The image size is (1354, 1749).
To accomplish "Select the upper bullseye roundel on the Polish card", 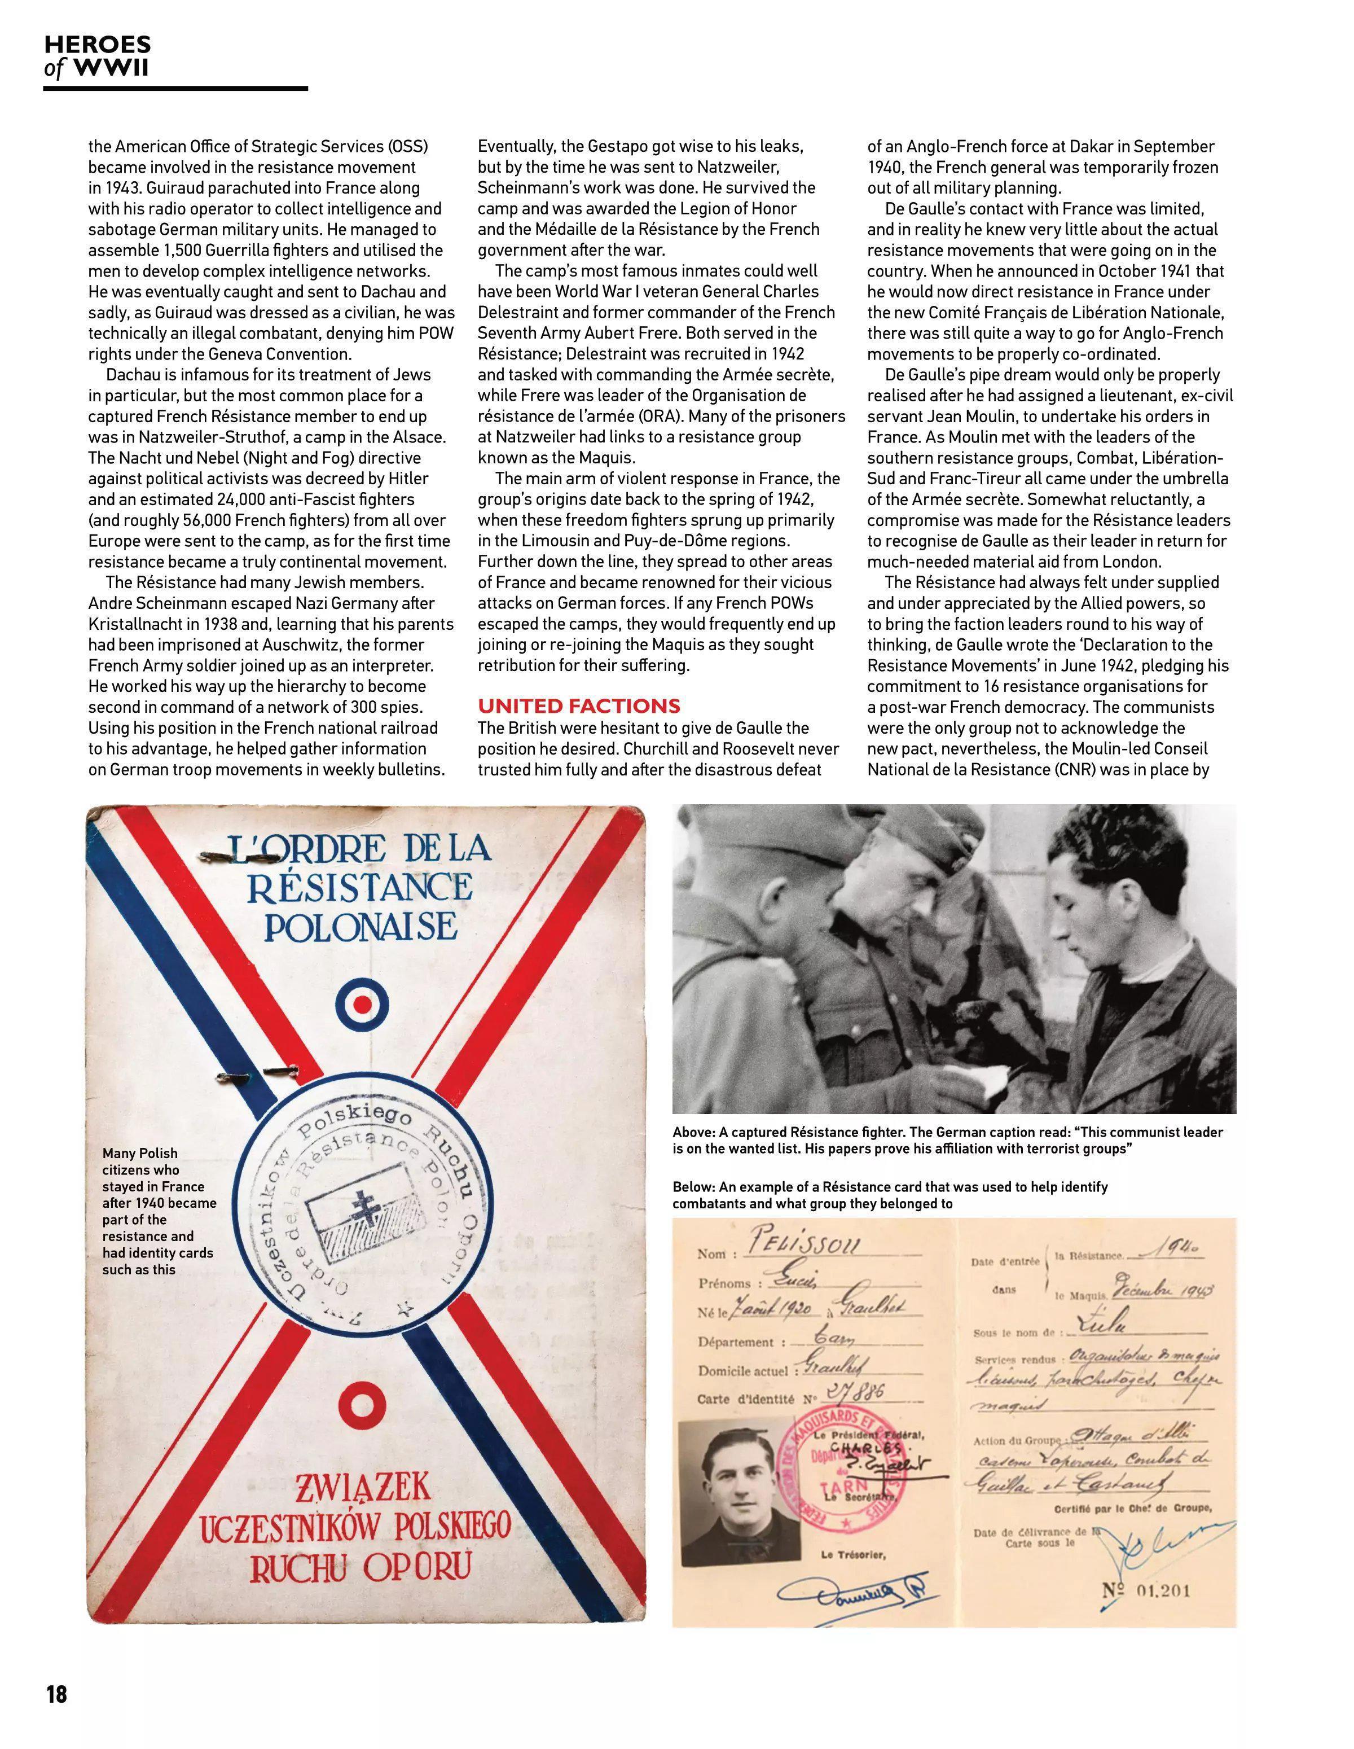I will pyautogui.click(x=363, y=1006).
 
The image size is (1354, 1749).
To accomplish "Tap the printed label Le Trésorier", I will pyautogui.click(x=853, y=1554).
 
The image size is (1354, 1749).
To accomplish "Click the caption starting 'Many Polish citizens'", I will pyautogui.click(x=159, y=1211).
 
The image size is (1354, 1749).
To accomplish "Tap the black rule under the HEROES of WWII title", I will pyautogui.click(x=175, y=88).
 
